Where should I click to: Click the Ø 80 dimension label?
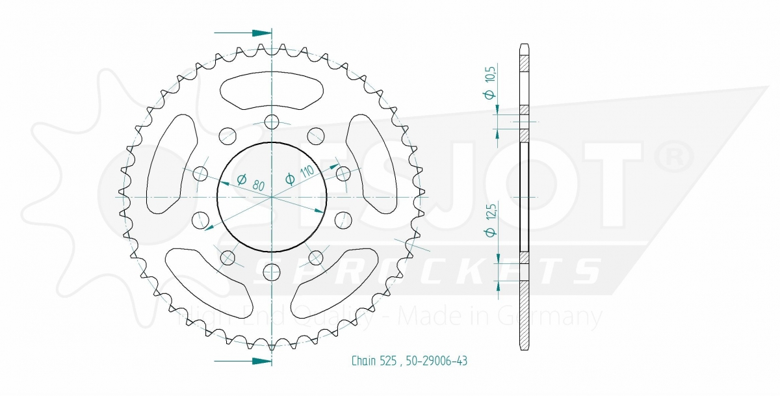(251, 183)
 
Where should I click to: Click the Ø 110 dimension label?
(300, 175)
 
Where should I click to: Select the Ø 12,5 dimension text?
(490, 220)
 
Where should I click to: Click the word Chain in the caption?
(364, 361)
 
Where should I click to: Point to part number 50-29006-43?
(437, 361)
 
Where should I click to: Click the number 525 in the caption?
(388, 361)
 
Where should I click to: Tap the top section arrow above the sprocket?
(242, 33)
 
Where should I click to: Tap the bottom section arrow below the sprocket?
(242, 361)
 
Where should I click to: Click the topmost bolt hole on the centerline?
(272, 122)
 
